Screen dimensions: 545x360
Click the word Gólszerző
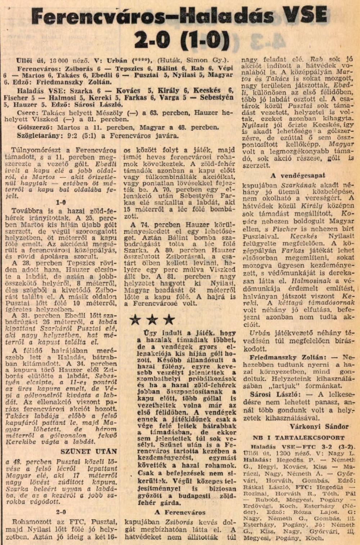[x=32, y=127]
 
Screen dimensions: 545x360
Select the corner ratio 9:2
[x=71, y=136]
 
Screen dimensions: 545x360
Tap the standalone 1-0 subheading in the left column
[x=61, y=203]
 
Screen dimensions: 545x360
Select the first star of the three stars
[x=135, y=319]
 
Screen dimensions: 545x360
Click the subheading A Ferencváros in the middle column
[x=180, y=512]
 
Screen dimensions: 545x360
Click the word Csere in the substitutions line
[x=25, y=113]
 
